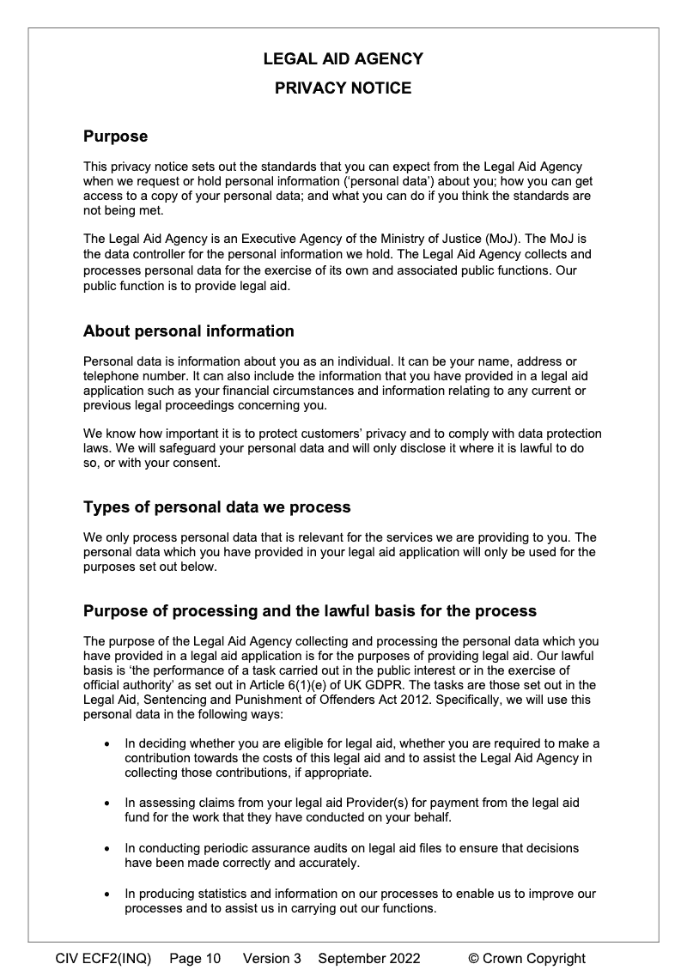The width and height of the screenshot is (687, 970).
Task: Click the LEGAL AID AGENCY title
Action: [x=343, y=59]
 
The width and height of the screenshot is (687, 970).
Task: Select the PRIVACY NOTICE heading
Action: [x=343, y=88]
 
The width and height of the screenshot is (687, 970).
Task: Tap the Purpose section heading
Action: [x=115, y=136]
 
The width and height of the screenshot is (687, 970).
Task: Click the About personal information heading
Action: [x=188, y=331]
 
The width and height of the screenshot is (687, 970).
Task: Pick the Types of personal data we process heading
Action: [x=216, y=507]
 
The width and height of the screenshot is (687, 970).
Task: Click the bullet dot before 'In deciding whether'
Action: [x=106, y=743]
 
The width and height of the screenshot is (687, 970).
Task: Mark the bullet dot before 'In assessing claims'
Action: [x=106, y=803]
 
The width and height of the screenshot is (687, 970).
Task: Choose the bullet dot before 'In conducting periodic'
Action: [x=106, y=849]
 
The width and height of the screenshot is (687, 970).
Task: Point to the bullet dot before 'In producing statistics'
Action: [x=106, y=894]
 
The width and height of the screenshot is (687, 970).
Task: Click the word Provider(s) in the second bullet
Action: [x=366, y=803]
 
